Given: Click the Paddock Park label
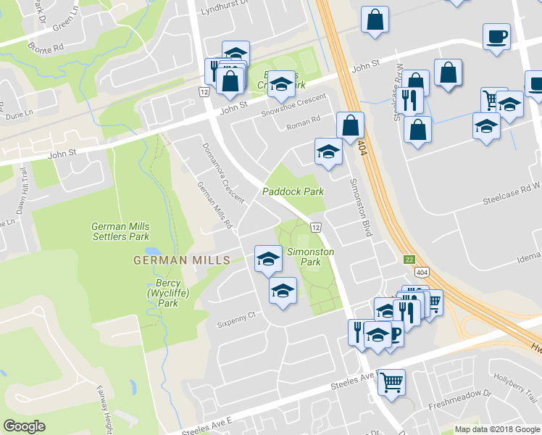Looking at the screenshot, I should [293, 191].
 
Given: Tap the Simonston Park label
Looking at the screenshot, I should [311, 257].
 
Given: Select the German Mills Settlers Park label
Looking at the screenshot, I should [120, 231].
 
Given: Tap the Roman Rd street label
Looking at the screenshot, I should [304, 120].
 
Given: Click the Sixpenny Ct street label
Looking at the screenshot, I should [241, 315].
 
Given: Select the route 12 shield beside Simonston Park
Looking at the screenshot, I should [316, 228].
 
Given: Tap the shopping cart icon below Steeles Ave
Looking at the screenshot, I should [391, 380].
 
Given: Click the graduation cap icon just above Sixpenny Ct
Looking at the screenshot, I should [283, 291].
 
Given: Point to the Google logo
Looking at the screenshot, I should [25, 426].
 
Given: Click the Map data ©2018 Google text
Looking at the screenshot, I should [496, 429].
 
